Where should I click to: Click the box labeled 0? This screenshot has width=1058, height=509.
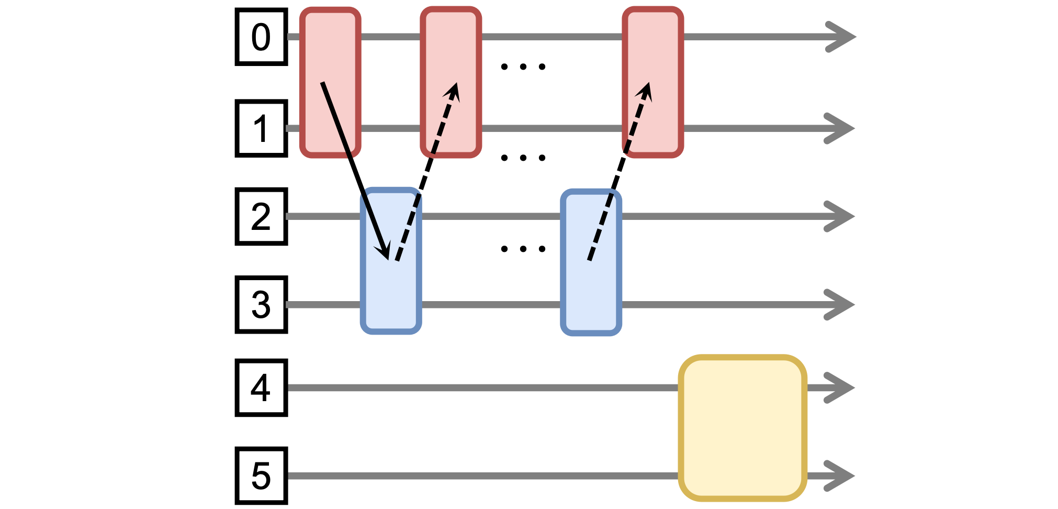261,37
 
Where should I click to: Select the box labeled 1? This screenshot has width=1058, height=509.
261,128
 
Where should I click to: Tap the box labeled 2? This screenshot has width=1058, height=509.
261,216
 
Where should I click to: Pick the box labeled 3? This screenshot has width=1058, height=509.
261,304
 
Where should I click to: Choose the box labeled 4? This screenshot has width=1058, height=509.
261,388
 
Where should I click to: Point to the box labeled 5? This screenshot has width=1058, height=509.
261,475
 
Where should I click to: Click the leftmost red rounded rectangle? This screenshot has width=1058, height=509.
330,82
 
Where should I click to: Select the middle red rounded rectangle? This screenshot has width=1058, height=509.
451,82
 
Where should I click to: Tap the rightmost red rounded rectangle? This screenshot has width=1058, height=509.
653,82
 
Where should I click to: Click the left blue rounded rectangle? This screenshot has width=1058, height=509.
391,261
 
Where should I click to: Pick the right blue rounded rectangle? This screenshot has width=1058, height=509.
591,262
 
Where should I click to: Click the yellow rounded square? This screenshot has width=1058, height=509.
742,428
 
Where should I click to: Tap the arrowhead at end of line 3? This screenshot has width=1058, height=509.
840,304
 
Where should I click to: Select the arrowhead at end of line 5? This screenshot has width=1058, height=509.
840,475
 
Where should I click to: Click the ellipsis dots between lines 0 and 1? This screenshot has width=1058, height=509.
523,67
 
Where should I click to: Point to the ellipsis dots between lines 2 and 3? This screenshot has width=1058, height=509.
523,249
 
